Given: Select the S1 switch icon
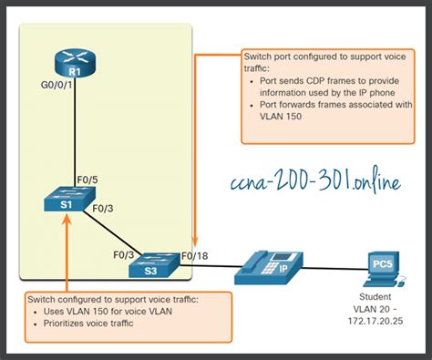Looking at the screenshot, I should pos(65,201).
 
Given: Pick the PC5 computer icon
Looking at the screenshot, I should pos(383,264).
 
